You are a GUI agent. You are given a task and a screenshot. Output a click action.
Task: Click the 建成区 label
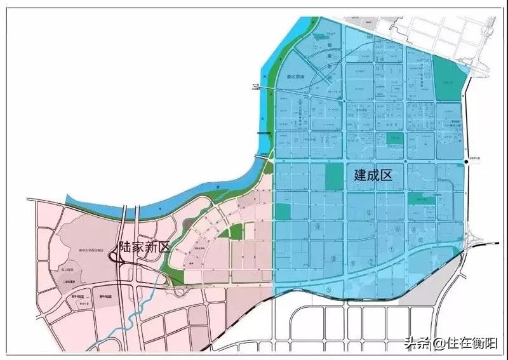373,175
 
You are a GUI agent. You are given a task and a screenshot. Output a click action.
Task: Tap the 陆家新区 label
144,248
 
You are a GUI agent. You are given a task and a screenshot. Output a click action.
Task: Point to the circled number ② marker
368,212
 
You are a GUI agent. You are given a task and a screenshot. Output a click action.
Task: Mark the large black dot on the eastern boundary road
466,163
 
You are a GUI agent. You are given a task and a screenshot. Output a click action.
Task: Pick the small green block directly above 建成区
394,138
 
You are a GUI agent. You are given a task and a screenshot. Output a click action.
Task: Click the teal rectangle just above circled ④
418,199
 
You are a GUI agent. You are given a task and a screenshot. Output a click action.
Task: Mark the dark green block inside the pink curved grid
236,232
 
